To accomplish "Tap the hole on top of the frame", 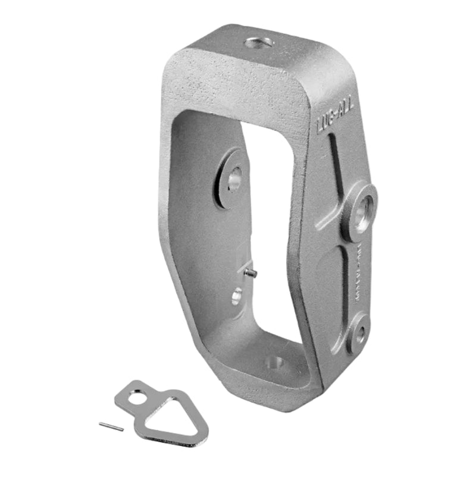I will coord(259,43).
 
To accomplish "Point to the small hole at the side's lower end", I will coord(359,332).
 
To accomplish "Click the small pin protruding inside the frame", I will coord(250,272).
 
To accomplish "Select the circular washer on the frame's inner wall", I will coord(230,178).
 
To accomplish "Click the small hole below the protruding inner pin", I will coord(237,294).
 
